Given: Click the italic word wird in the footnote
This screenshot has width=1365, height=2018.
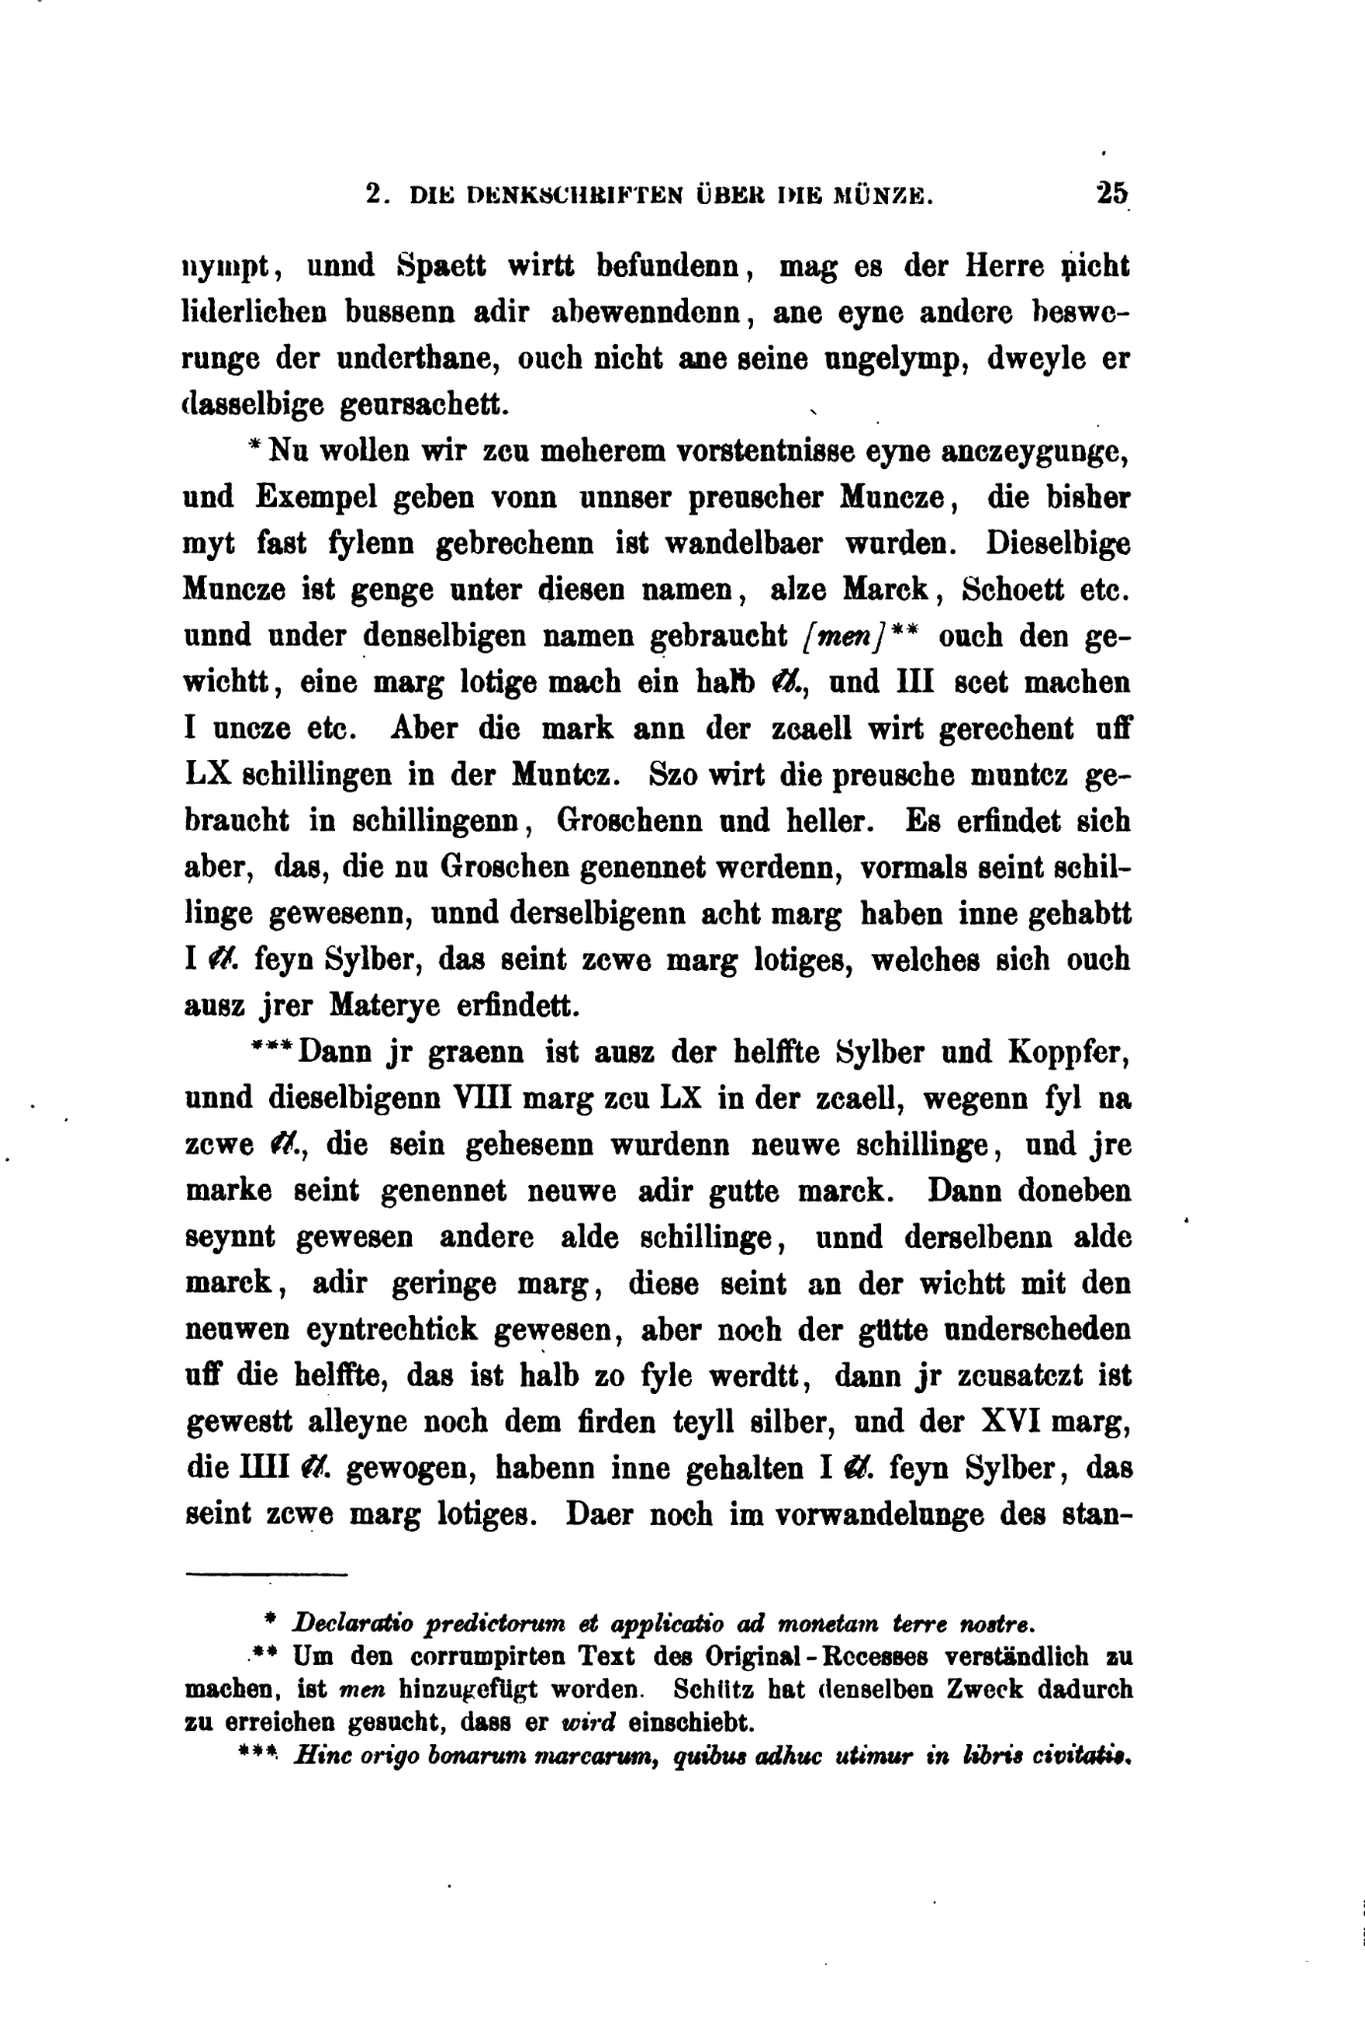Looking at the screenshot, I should click(x=589, y=1722).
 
